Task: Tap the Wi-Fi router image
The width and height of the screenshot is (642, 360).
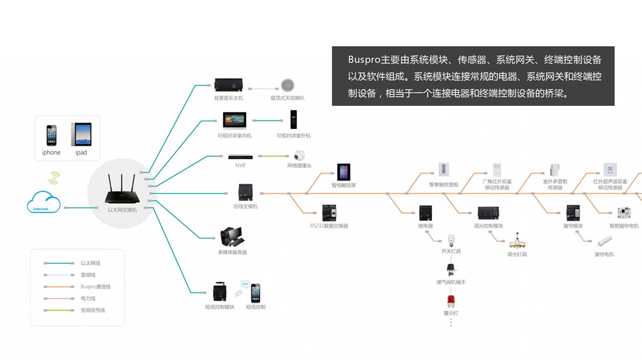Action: coord(121,187)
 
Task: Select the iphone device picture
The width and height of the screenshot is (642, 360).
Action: coord(51,135)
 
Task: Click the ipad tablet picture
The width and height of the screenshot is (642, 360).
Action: coord(81,135)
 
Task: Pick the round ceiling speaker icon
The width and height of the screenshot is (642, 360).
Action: coord(287,85)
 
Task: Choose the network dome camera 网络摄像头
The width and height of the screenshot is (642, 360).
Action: coord(299,155)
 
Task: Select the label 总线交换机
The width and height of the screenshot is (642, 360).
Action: coord(245,207)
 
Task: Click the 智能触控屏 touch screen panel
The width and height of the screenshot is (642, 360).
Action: coord(343,172)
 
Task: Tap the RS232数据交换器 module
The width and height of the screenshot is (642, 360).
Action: coord(329,213)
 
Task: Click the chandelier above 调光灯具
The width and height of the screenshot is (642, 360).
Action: coord(516,243)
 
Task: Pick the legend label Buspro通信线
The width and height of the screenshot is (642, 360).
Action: coord(96,287)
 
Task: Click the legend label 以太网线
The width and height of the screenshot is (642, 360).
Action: coord(91,263)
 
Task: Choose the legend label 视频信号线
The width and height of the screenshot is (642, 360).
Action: coord(92,311)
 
